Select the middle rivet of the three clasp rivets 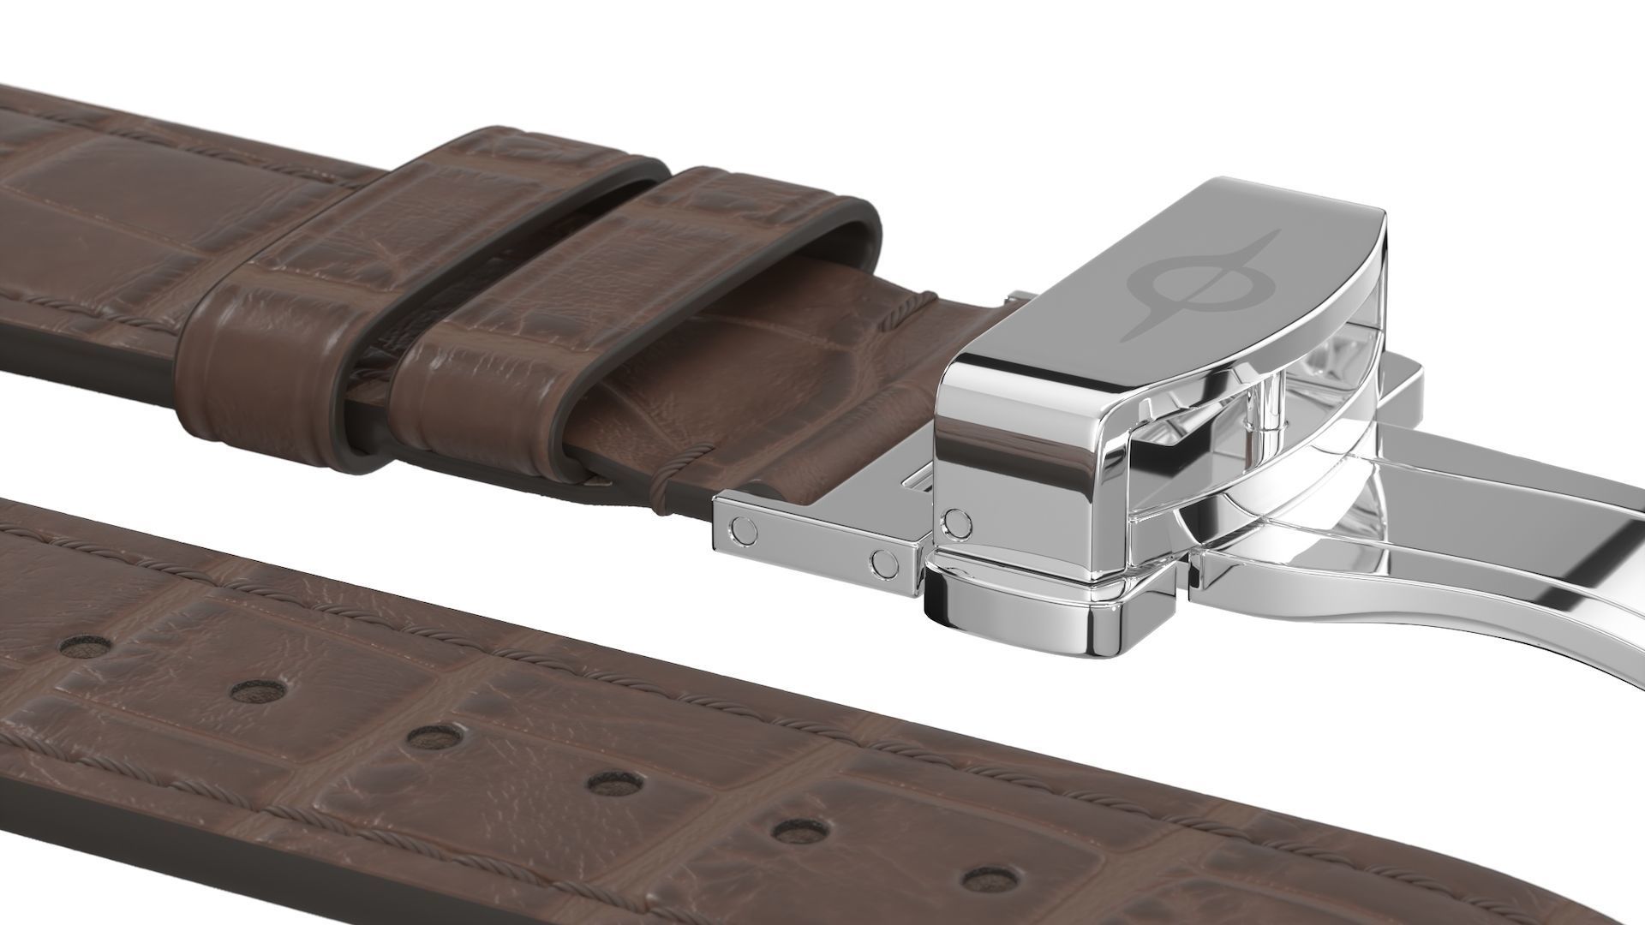point(883,563)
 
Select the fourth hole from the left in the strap point(615,783)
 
